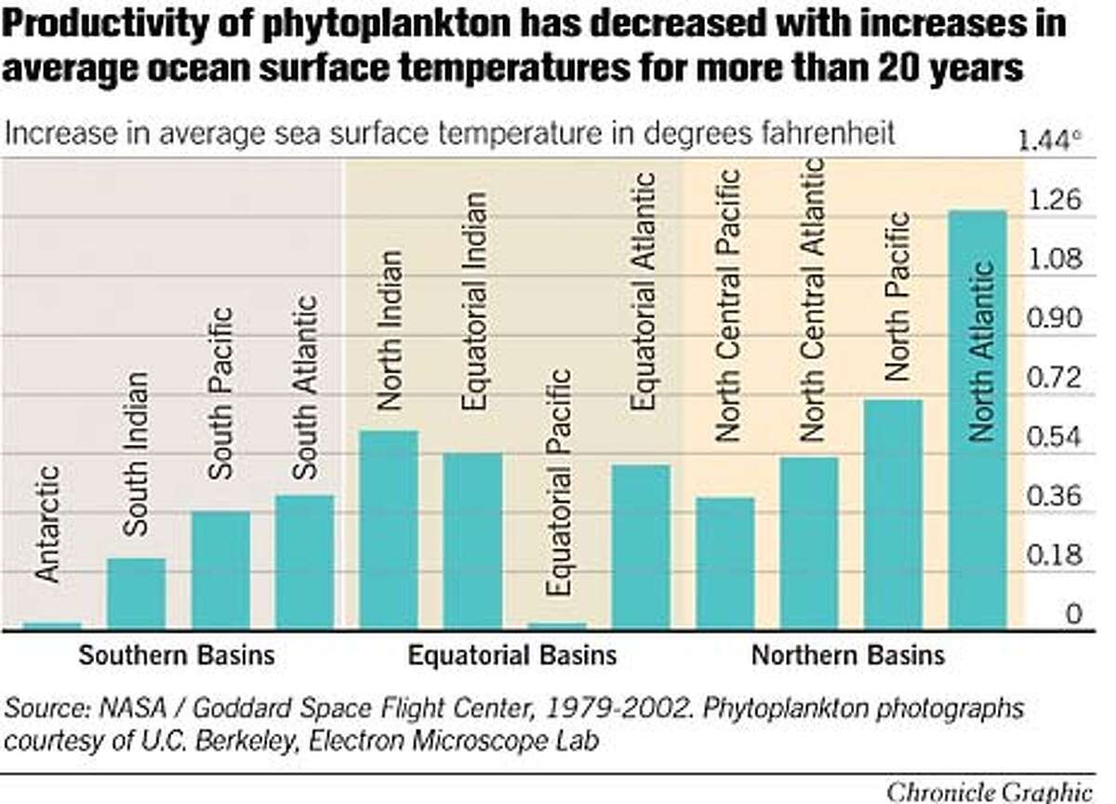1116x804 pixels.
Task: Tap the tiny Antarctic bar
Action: (52, 625)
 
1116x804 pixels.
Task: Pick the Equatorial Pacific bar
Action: (556, 625)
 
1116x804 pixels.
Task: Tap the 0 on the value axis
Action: (1073, 614)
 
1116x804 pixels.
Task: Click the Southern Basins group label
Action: (177, 655)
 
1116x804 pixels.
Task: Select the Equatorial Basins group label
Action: (512, 655)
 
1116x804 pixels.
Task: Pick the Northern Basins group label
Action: (847, 655)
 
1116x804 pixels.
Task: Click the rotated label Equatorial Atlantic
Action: (644, 291)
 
